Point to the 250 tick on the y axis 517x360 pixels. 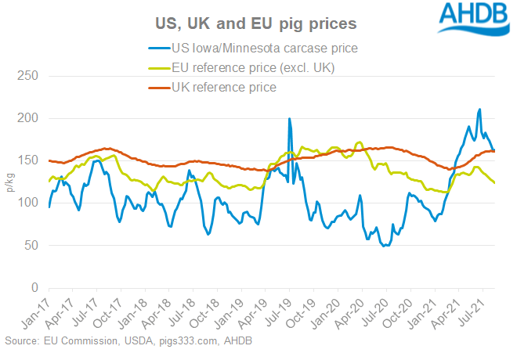pos(30,77)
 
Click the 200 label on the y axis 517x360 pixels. pos(30,119)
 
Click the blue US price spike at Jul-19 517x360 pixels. pos(290,119)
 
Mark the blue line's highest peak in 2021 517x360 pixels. pos(479,110)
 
